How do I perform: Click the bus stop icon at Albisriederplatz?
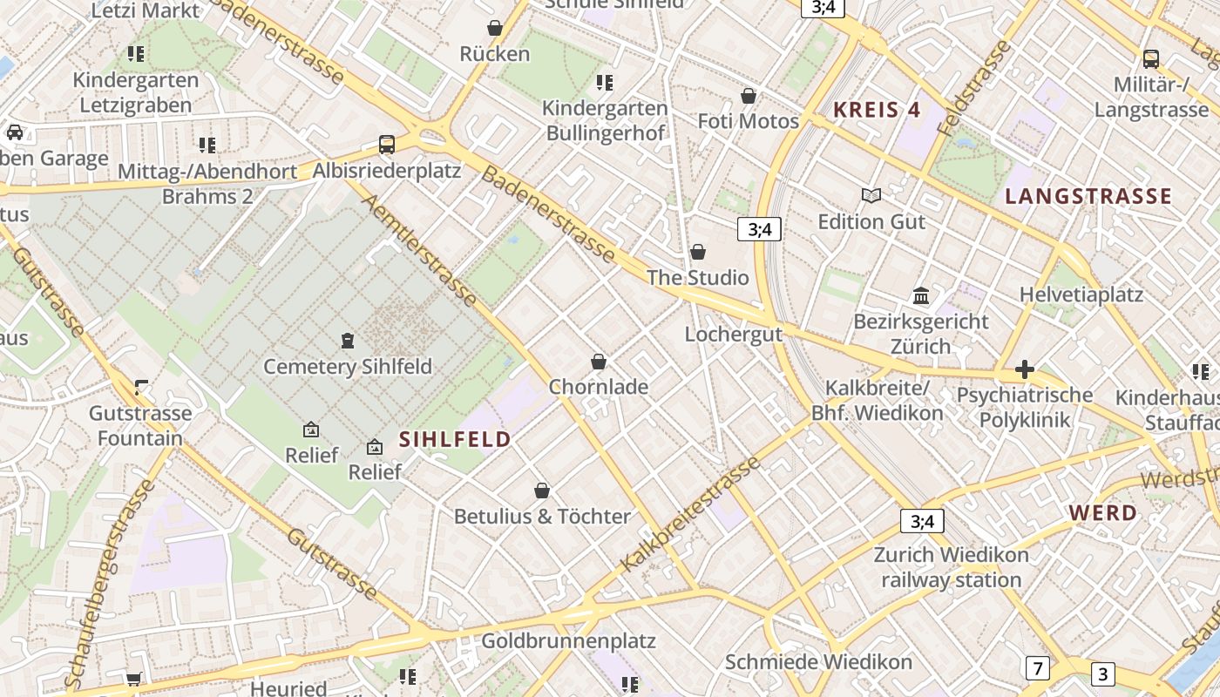tap(386, 145)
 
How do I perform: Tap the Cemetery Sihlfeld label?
tap(348, 367)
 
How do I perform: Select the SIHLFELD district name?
tap(455, 439)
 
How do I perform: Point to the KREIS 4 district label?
tap(877, 110)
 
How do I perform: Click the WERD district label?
tap(1102, 513)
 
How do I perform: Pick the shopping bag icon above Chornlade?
tap(599, 362)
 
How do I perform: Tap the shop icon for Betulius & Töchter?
tap(542, 491)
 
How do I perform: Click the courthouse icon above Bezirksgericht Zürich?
tap(921, 296)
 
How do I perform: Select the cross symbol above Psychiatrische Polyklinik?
tap(1024, 370)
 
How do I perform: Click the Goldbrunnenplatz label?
tap(568, 641)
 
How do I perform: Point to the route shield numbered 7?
tap(1037, 668)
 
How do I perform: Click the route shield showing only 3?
tap(1102, 673)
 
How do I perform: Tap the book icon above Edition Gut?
tap(871, 196)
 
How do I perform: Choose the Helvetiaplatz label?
tap(1081, 294)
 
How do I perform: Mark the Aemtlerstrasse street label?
tap(419, 251)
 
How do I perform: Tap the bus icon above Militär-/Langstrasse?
tap(1150, 59)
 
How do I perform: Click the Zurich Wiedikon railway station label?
tap(951, 567)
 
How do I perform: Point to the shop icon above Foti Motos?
tap(748, 96)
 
